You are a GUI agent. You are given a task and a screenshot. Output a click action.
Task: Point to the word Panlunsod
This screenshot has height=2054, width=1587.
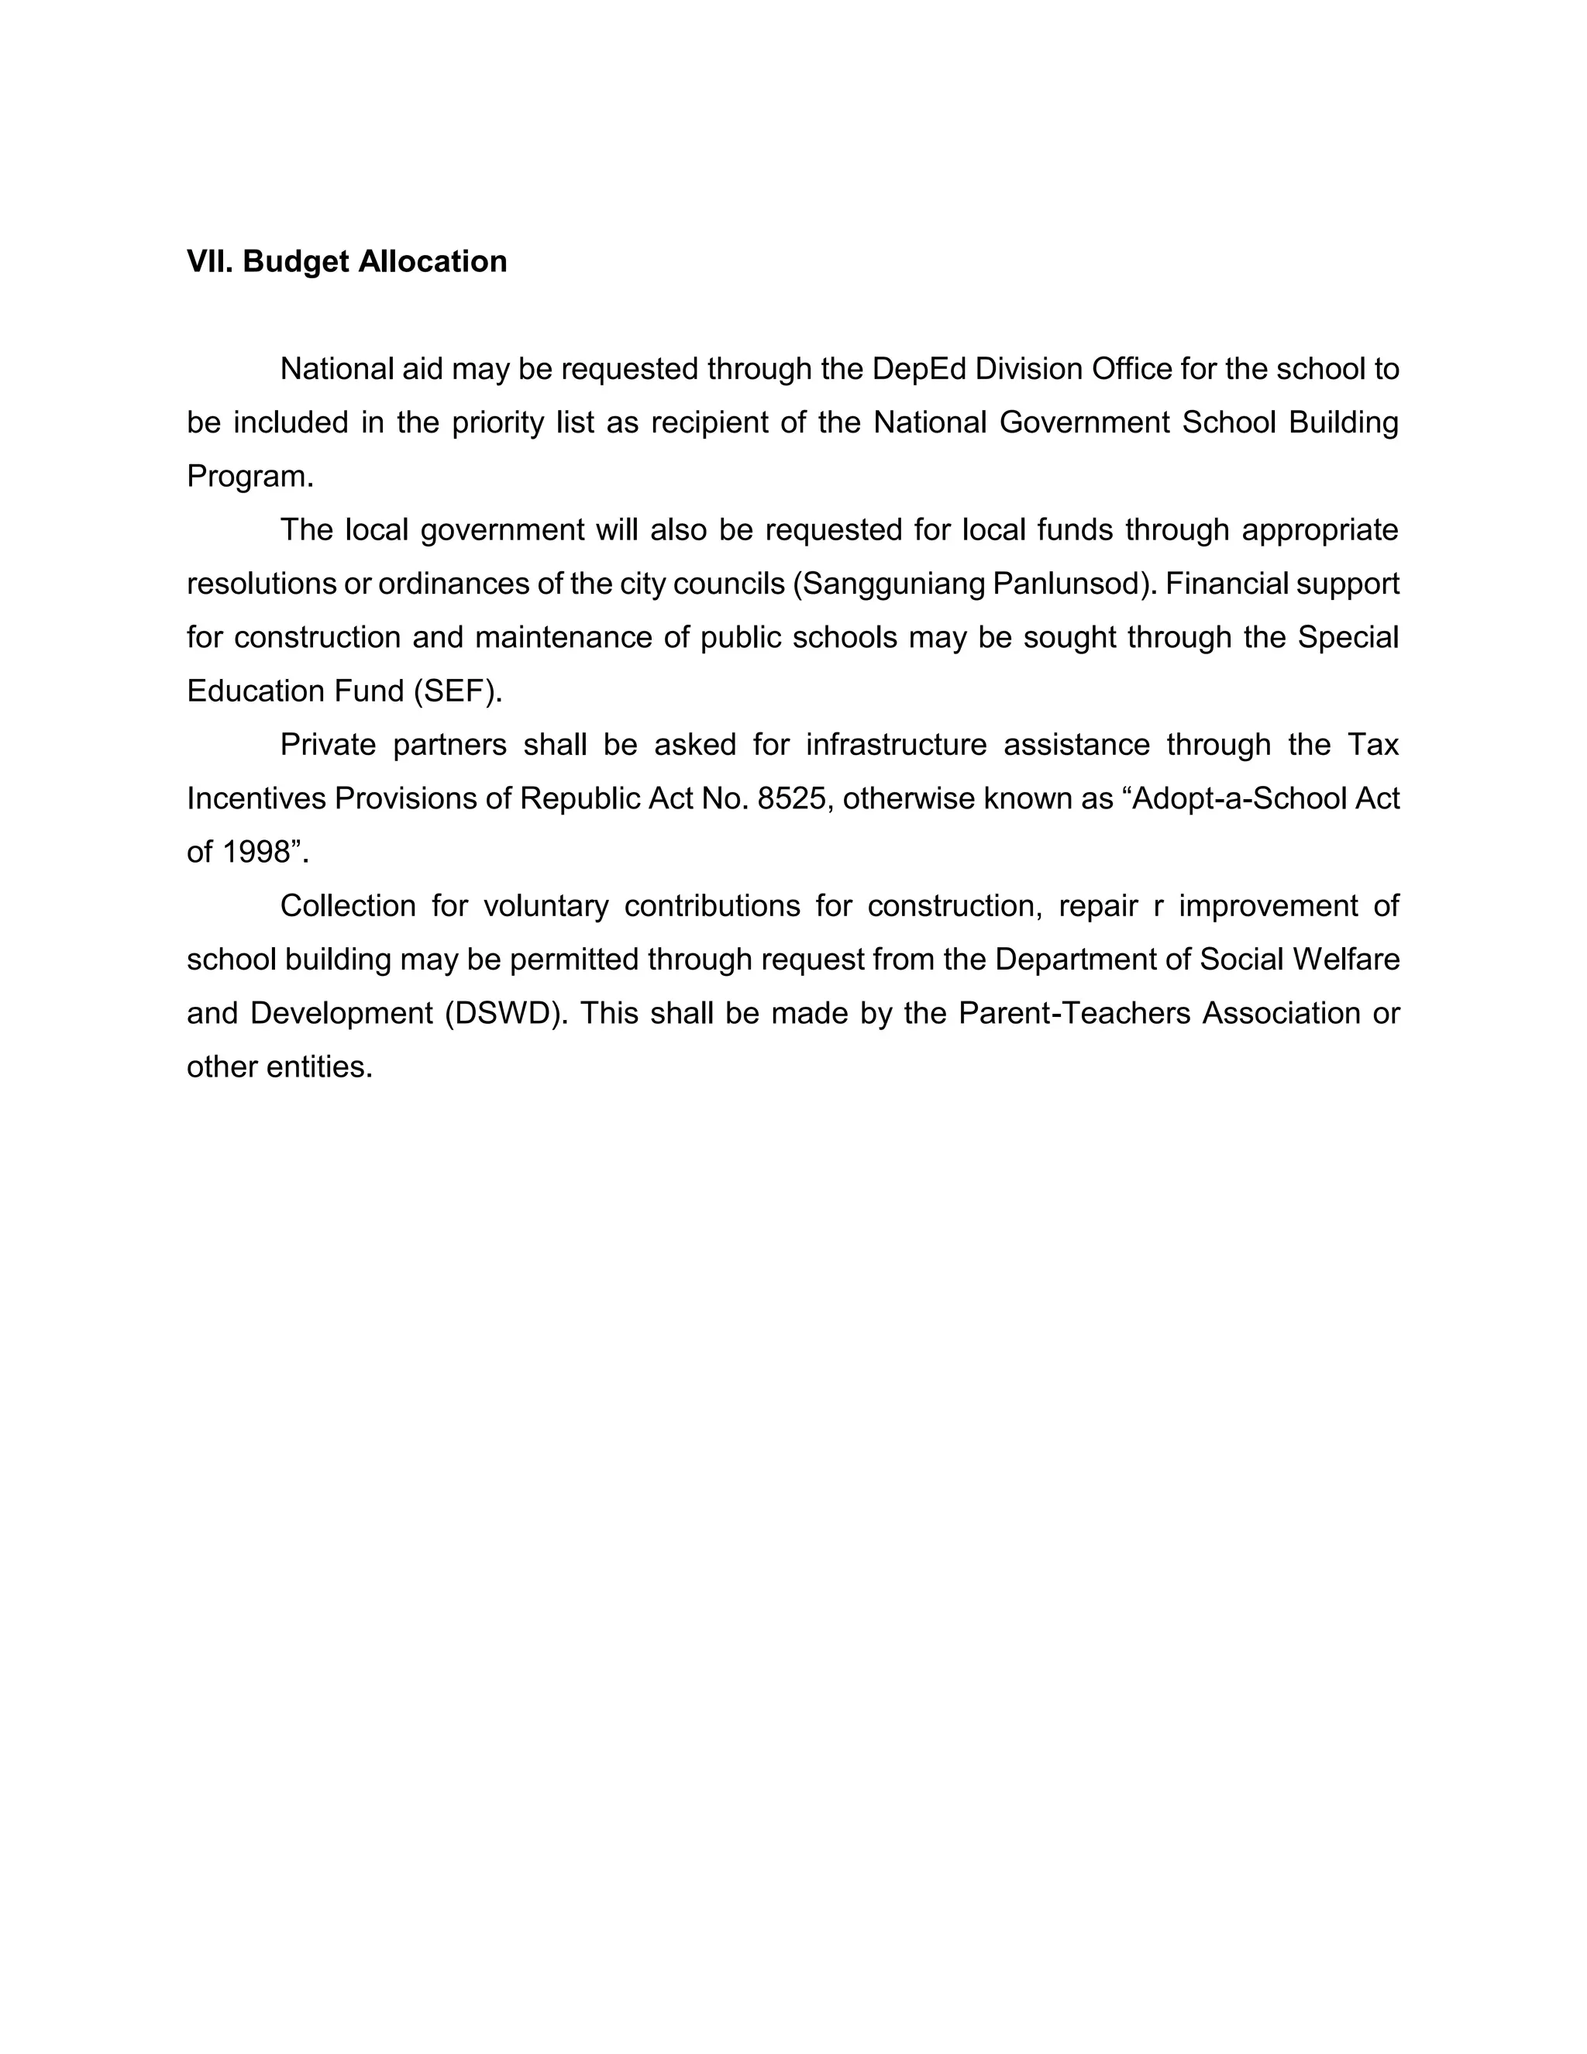(x=1069, y=584)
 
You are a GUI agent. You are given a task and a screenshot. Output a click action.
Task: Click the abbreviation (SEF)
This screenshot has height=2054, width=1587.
(x=457, y=691)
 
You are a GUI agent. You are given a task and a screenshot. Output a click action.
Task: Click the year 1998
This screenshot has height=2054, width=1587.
(x=255, y=852)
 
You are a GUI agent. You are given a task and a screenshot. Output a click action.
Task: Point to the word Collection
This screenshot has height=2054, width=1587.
(x=348, y=905)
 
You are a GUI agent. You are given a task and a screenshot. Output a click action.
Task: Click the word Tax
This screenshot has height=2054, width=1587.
(x=1374, y=745)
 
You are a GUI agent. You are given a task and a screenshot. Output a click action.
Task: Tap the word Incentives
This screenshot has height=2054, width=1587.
(x=256, y=798)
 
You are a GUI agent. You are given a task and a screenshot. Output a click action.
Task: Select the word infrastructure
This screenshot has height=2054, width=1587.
(x=896, y=745)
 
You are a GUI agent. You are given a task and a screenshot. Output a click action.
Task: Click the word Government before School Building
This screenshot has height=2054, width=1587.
(x=1083, y=423)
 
